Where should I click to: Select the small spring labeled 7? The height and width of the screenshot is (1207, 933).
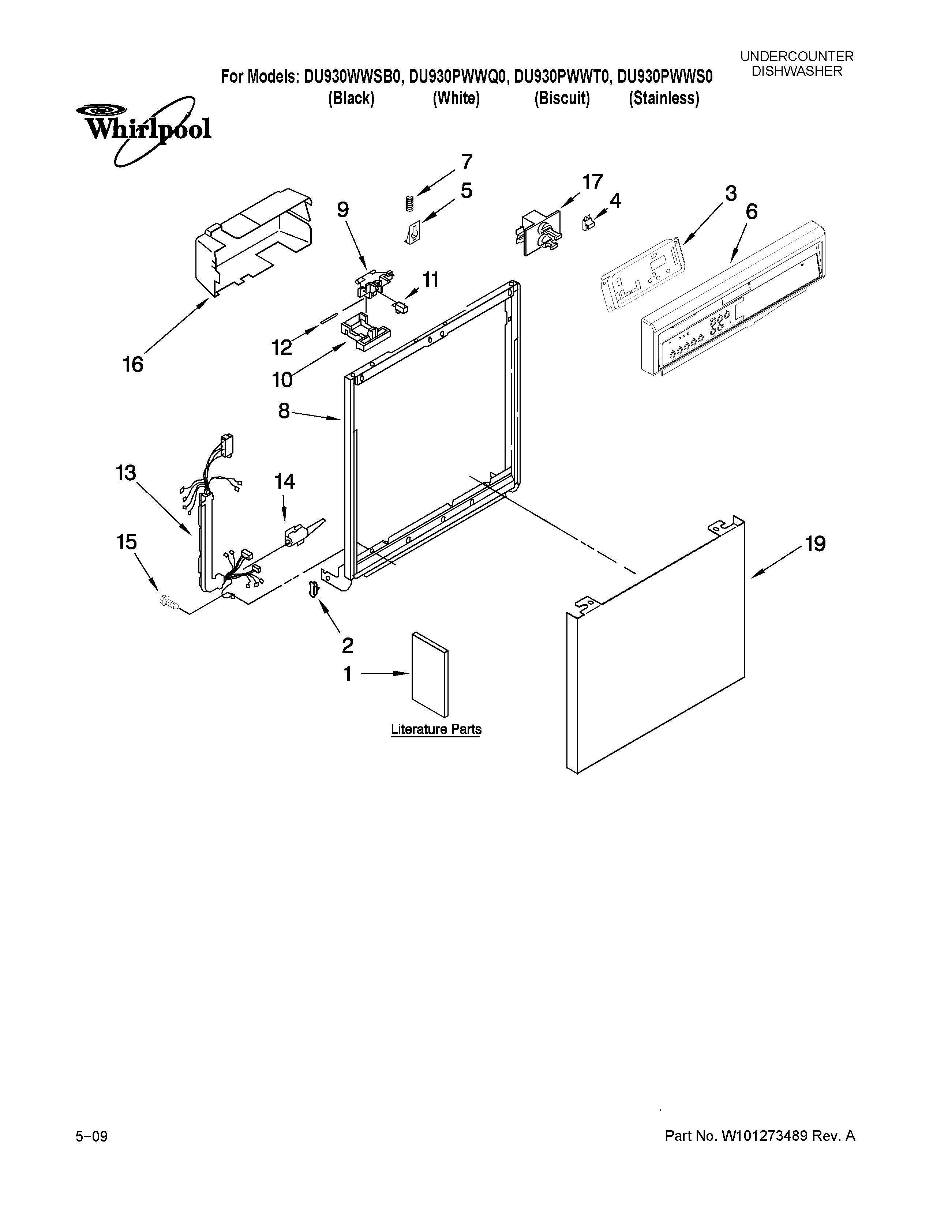[409, 203]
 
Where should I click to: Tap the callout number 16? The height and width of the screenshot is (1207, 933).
[133, 365]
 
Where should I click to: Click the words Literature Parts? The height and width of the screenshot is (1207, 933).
[436, 730]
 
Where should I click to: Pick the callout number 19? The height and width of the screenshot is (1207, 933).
[815, 544]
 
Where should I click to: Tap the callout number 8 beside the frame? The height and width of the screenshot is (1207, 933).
[284, 411]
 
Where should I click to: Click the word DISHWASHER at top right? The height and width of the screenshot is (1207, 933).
[797, 71]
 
